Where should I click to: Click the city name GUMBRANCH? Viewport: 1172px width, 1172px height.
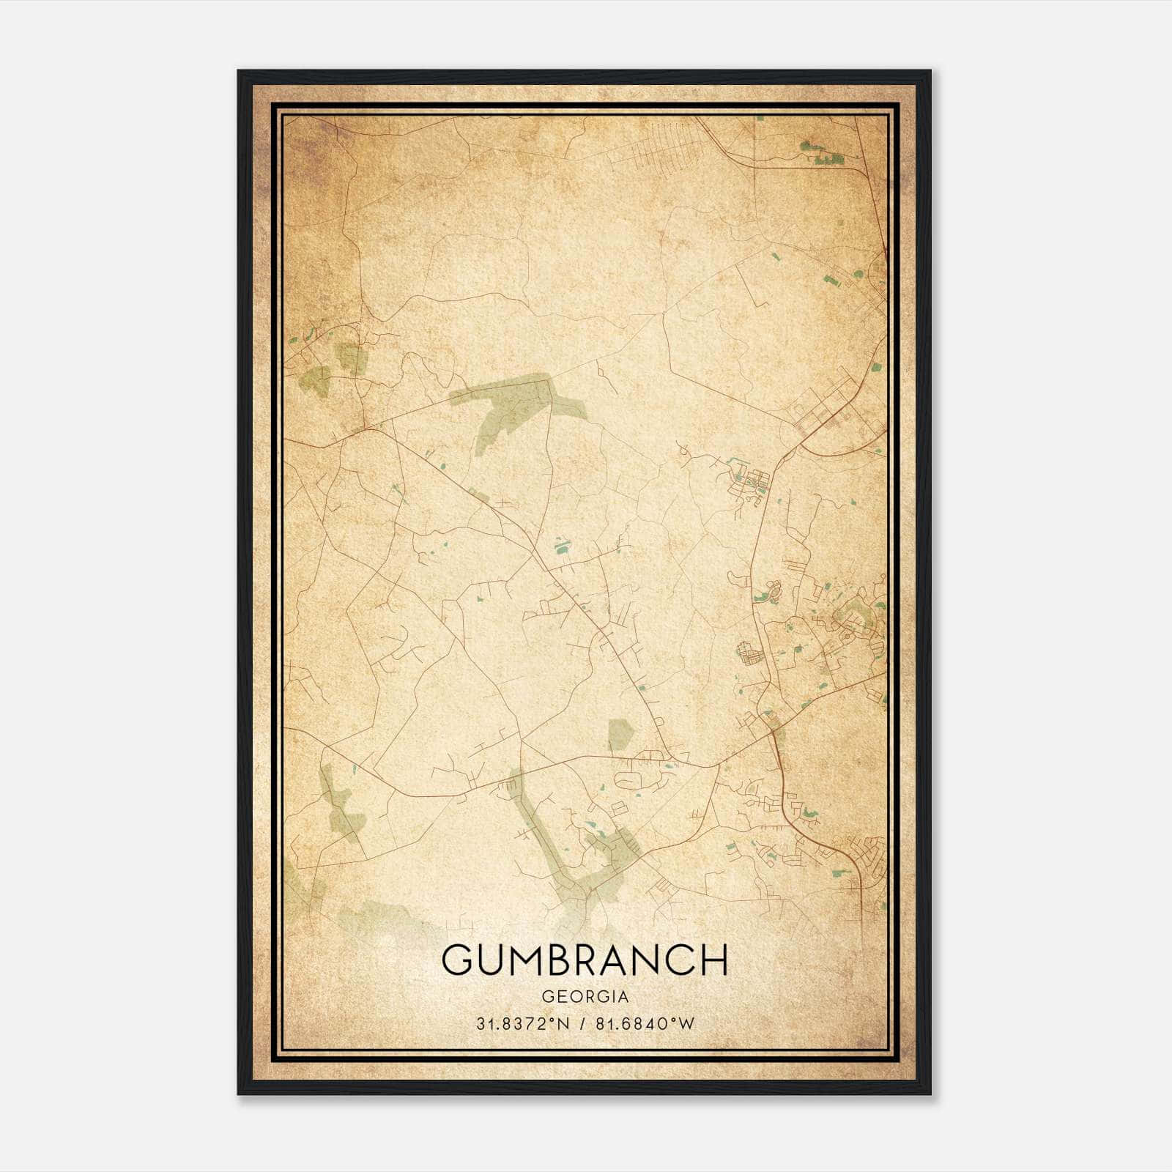tap(585, 960)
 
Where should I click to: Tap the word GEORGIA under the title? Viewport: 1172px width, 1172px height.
tap(585, 997)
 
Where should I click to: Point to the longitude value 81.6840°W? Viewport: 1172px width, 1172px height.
tap(644, 1024)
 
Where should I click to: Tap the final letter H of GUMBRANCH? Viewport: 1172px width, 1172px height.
tap(713, 960)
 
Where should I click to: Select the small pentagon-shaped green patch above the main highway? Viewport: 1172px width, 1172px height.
tap(620, 735)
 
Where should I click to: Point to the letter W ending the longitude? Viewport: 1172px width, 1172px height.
tap(686, 1024)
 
